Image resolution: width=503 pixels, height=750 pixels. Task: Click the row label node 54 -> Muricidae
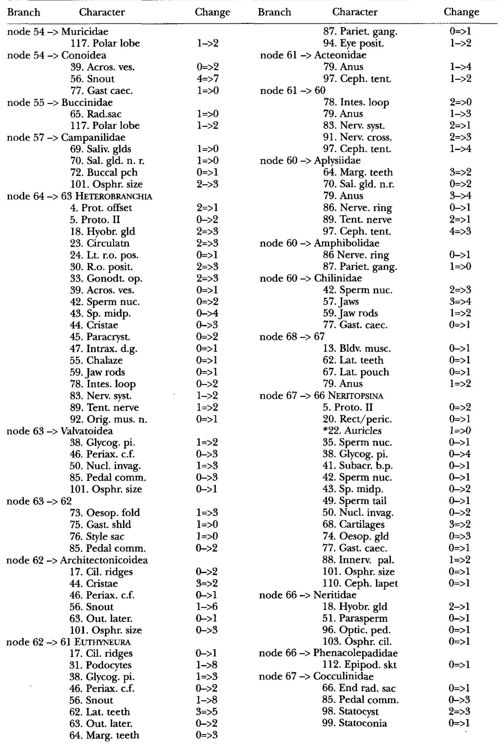click(57, 32)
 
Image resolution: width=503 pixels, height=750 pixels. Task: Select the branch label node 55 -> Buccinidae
click(60, 102)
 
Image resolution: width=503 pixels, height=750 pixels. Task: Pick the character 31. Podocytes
click(100, 665)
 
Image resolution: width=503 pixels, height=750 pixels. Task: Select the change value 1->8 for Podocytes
click(207, 665)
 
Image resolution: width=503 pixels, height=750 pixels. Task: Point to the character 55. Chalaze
click(96, 360)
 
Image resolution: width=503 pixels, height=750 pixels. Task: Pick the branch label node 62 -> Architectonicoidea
click(77, 560)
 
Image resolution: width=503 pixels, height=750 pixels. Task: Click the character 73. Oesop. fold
click(105, 513)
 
